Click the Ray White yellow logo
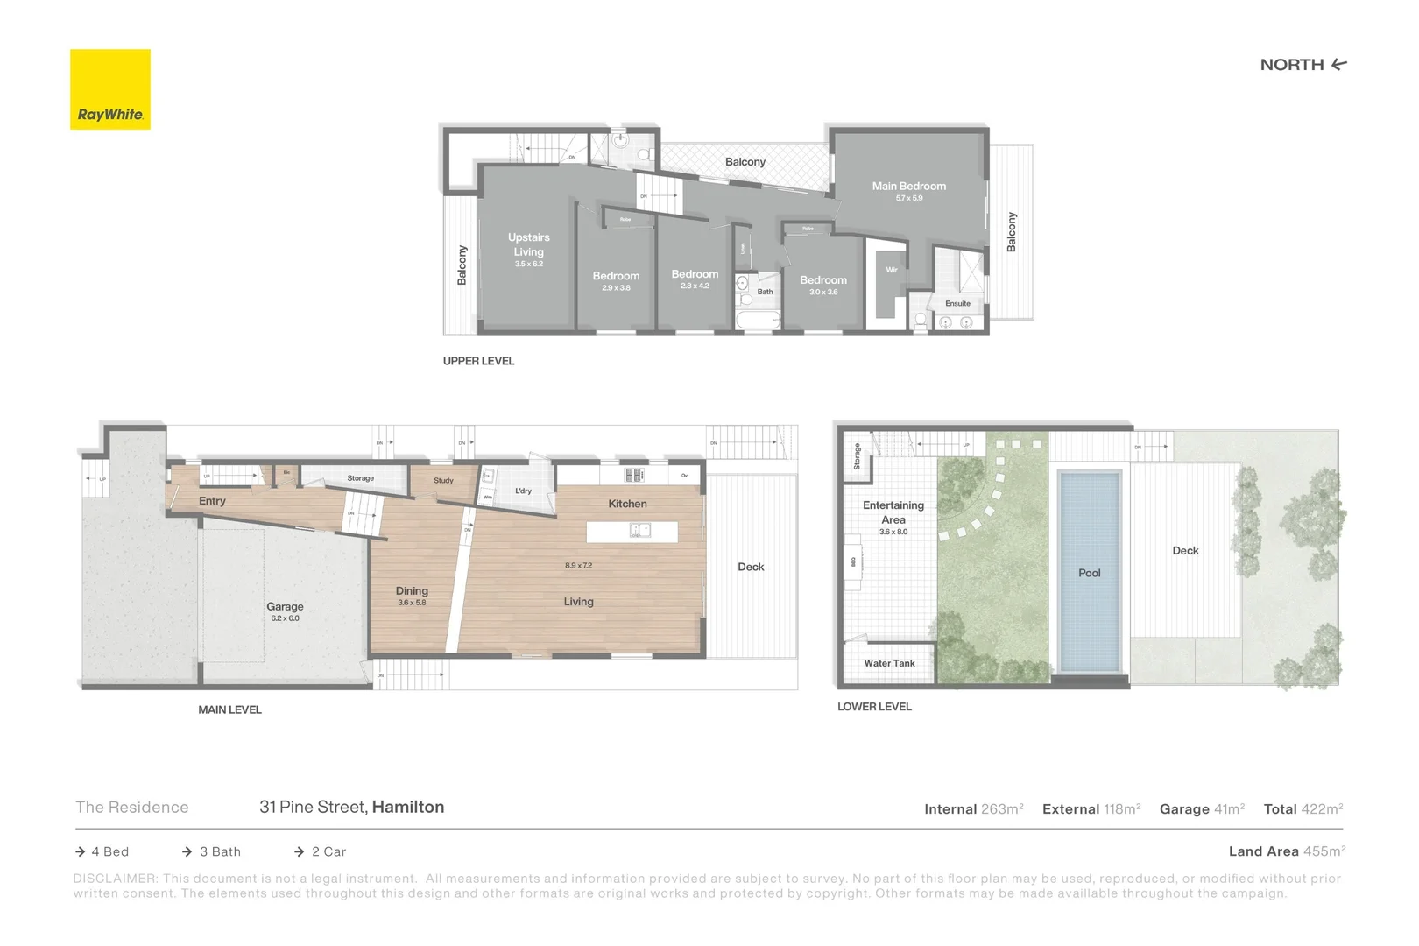(x=110, y=89)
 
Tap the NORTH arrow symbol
(x=1338, y=64)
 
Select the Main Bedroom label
(x=908, y=186)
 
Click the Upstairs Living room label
(x=528, y=244)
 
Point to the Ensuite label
(x=957, y=303)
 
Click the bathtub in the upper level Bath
(x=758, y=321)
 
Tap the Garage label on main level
(x=285, y=606)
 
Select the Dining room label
(x=412, y=590)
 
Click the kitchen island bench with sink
(x=632, y=531)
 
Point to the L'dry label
(x=523, y=491)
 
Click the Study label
(x=443, y=480)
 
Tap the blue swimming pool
(x=1089, y=573)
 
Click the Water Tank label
(x=889, y=663)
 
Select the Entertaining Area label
(x=893, y=512)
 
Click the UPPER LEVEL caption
(x=478, y=361)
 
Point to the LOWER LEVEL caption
(x=874, y=706)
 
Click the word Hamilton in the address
(x=408, y=807)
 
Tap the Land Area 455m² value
(x=1323, y=851)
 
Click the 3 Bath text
(x=220, y=851)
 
